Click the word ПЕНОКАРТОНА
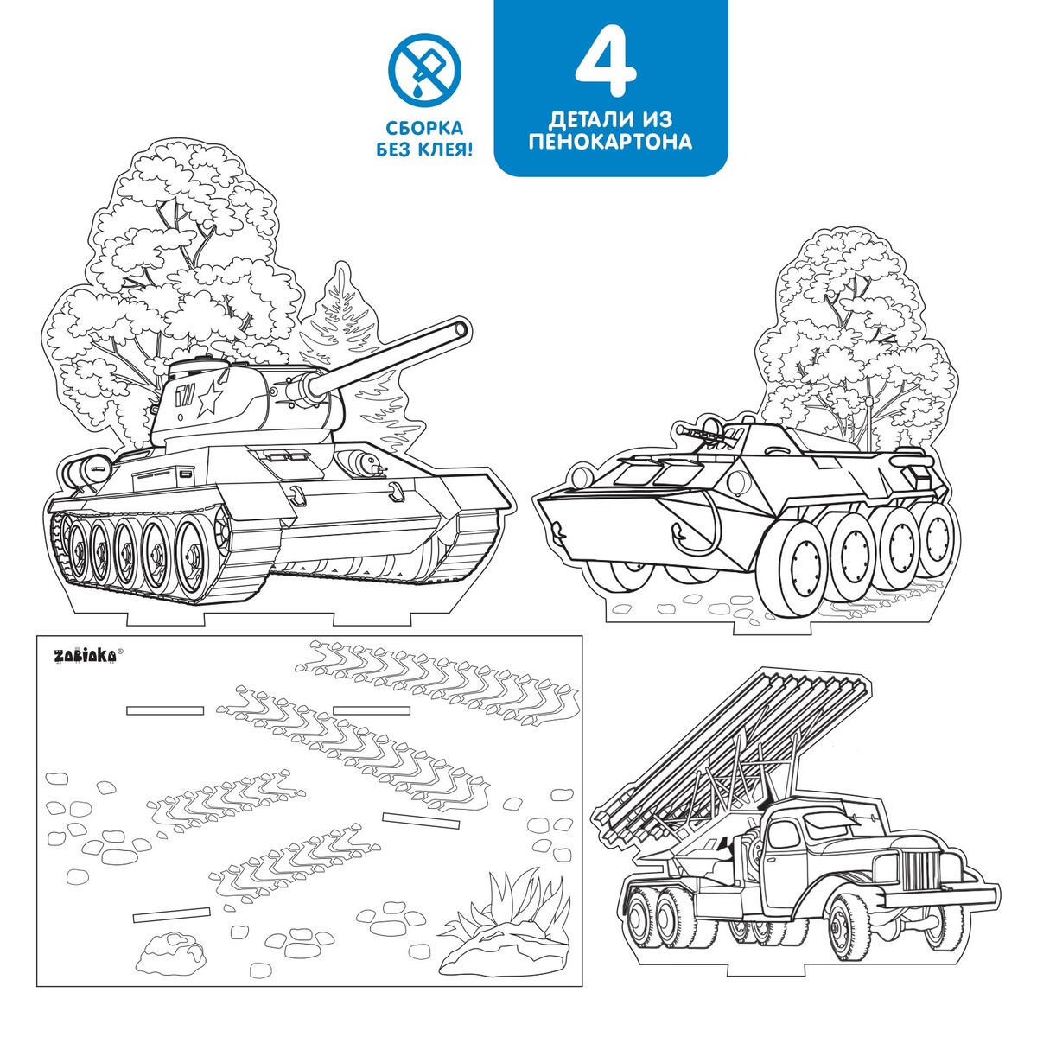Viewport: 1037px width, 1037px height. pyautogui.click(x=610, y=141)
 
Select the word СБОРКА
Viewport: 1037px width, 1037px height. pyautogui.click(x=424, y=128)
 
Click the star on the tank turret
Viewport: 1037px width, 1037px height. pyautogui.click(x=210, y=398)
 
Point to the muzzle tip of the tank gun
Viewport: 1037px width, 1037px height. pyautogui.click(x=461, y=328)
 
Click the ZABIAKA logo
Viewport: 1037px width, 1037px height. pyautogui.click(x=85, y=656)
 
